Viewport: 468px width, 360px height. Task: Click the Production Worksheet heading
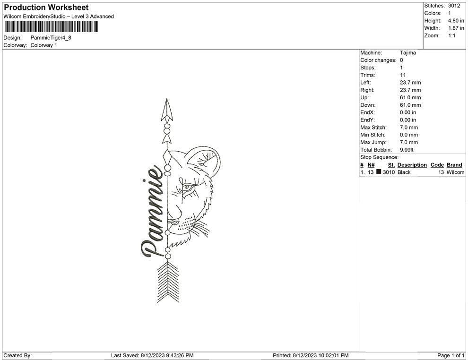[46, 8]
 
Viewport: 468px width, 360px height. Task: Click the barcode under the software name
[50, 26]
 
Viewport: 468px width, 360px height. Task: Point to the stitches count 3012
[454, 6]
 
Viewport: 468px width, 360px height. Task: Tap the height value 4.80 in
[456, 21]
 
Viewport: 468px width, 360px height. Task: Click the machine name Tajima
[408, 53]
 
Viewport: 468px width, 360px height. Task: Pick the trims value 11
[403, 75]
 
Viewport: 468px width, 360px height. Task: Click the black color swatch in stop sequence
[379, 172]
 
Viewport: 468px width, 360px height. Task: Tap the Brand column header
[454, 165]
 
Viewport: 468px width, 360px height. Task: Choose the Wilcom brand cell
[456, 172]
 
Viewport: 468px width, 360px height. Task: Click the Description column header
[412, 165]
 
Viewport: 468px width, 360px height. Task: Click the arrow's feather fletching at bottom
[167, 283]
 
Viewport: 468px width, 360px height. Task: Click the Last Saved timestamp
[152, 355]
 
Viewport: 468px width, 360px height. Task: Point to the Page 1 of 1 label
[451, 355]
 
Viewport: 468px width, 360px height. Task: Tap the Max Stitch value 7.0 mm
[409, 128]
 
